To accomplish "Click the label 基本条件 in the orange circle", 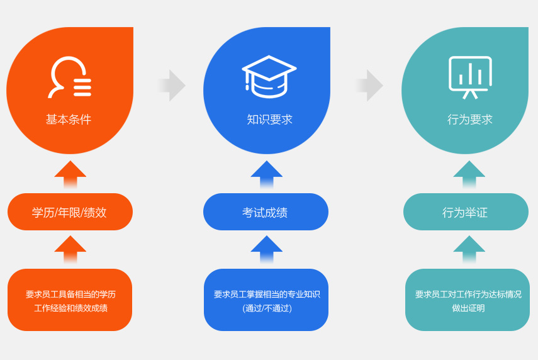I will tap(69, 120).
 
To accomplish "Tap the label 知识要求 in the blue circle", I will tap(269, 120).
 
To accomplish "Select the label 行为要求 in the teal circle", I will tap(469, 120).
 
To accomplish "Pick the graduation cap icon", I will tap(269, 77).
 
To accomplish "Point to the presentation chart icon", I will tap(470, 77).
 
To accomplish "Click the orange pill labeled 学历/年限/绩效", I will tap(70, 212).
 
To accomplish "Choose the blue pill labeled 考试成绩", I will tap(266, 212).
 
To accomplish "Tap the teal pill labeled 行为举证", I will tap(466, 212).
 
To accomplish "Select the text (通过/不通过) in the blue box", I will tap(267, 308).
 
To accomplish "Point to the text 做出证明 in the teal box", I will tap(468, 308).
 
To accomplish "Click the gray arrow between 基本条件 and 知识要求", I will tap(172, 86).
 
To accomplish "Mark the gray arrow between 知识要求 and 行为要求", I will tap(369, 86).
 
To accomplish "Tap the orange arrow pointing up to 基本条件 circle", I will tap(70, 174).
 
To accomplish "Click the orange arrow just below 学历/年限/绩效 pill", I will tap(70, 249).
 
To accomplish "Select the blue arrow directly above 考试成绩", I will tap(267, 174).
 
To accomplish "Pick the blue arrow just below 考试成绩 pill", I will tap(267, 249).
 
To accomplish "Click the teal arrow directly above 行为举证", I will tap(469, 174).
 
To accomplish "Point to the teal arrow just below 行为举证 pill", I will tap(469, 249).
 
